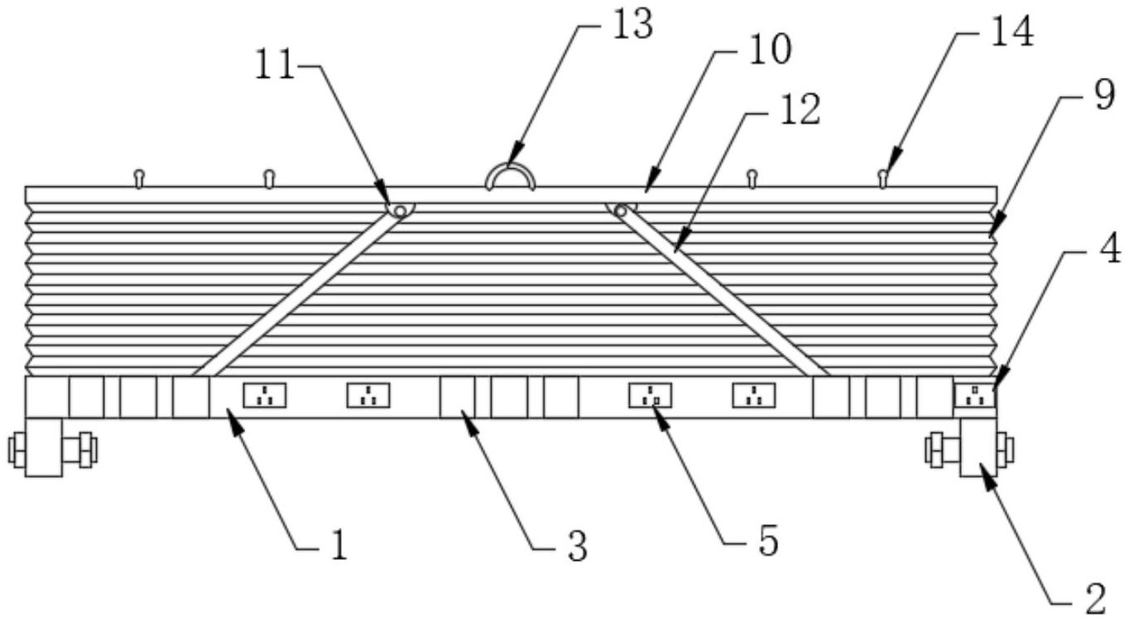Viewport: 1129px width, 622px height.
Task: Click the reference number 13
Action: pyautogui.click(x=632, y=25)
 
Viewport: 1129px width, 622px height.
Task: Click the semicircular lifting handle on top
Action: pyautogui.click(x=510, y=176)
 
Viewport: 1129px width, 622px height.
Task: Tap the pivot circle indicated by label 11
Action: pyautogui.click(x=400, y=212)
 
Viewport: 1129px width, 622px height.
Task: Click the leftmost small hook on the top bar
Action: pyautogui.click(x=139, y=176)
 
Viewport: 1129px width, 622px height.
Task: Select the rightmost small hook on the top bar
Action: pyautogui.click(x=883, y=176)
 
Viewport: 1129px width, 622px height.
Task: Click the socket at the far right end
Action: pyautogui.click(x=974, y=396)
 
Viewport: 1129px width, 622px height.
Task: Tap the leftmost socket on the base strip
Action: pyautogui.click(x=264, y=396)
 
